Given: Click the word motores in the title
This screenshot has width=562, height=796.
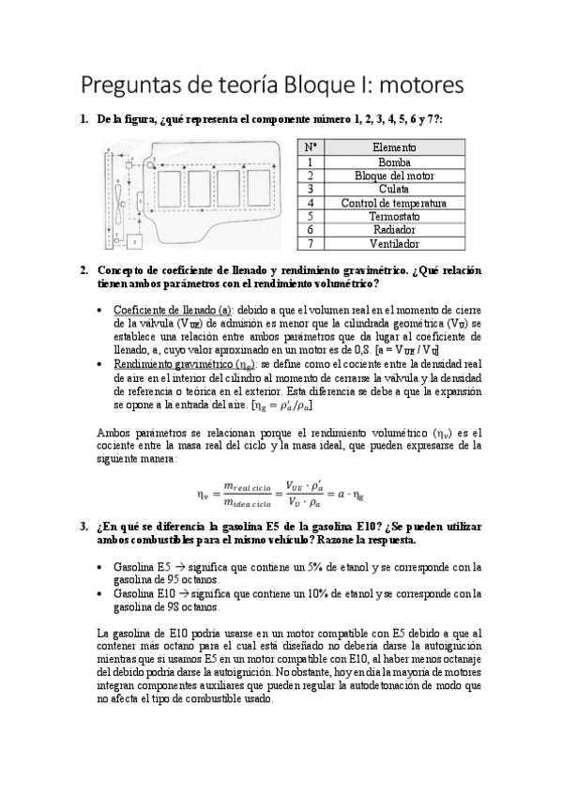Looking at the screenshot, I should pos(414,86).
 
